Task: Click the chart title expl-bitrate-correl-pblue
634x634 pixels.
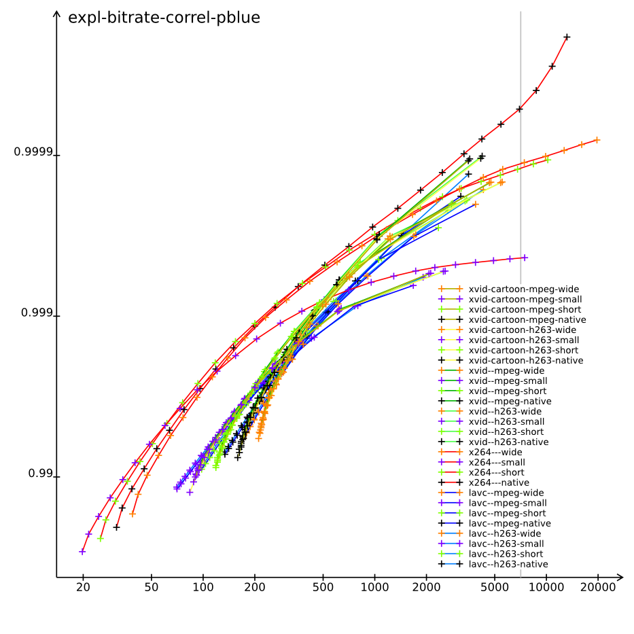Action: pyautogui.click(x=164, y=18)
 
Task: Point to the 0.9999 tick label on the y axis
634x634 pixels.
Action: pyautogui.click(x=33, y=152)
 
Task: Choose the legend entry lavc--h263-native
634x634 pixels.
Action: pyautogui.click(x=508, y=564)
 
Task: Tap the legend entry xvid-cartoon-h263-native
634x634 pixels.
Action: pyautogui.click(x=526, y=360)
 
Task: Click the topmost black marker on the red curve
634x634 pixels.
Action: pyautogui.click(x=567, y=37)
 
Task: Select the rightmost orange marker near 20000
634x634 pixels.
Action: pyautogui.click(x=597, y=140)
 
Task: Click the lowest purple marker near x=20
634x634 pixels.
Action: pyautogui.click(x=82, y=552)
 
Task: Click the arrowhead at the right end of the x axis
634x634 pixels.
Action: pyautogui.click(x=619, y=578)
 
